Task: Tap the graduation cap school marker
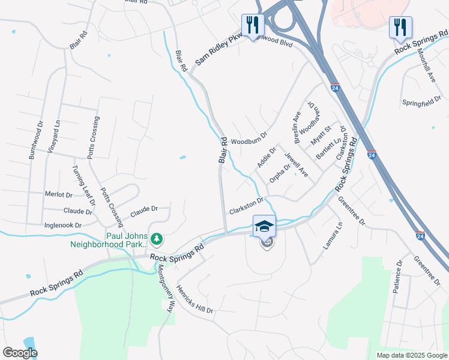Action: point(264,226)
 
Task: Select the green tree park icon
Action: point(157,239)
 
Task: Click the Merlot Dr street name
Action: point(59,194)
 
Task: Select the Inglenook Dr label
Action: point(63,225)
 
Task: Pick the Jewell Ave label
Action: point(296,165)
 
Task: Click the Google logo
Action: point(20,352)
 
